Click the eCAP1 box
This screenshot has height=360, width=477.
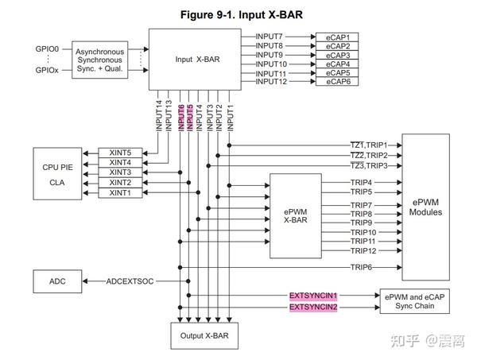[x=336, y=37]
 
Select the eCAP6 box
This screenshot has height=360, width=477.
[x=336, y=82]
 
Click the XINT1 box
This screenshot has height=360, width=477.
[x=120, y=192]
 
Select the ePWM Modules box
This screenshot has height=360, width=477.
[x=432, y=207]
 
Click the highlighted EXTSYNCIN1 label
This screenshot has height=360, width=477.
[x=313, y=295]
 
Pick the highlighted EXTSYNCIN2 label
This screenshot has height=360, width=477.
[x=313, y=307]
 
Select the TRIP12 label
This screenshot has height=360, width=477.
[x=363, y=250]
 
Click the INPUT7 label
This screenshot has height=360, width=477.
[x=270, y=37]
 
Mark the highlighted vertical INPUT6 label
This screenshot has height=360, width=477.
[x=181, y=117]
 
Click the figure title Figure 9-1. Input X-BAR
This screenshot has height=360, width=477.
[x=238, y=14]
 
